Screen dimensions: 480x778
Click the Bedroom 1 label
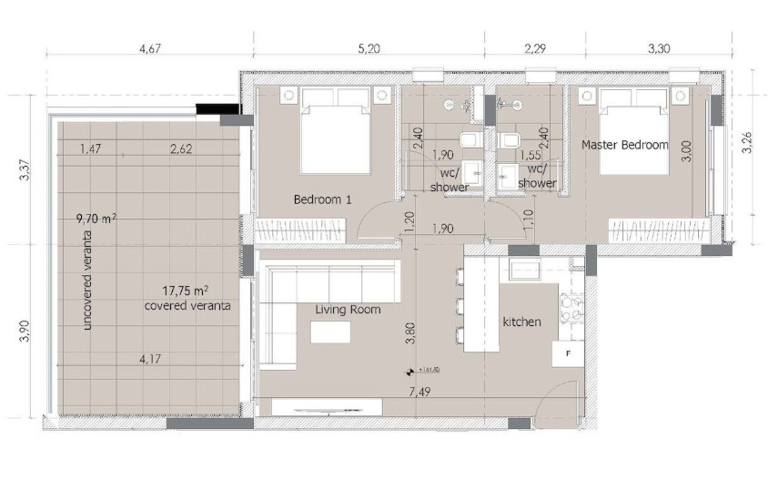[322, 199]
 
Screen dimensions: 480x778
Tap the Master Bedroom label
[624, 145]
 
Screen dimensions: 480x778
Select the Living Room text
[348, 310]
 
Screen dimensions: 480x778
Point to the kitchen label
[521, 322]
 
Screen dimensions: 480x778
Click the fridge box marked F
[568, 352]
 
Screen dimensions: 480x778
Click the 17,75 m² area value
[186, 291]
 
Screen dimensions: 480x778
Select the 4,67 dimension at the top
[150, 49]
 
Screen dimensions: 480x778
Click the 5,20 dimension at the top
[369, 49]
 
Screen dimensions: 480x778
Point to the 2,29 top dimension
[535, 49]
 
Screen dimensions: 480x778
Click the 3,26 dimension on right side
[747, 145]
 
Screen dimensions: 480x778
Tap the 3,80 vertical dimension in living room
[410, 332]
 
